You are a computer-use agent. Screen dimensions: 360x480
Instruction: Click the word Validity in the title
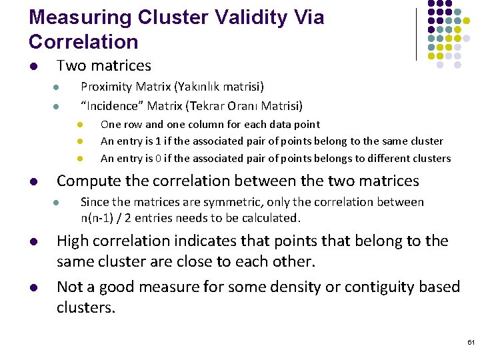click(x=247, y=18)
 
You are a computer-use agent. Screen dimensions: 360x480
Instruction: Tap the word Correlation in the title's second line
click(x=83, y=42)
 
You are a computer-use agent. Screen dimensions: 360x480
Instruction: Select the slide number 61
click(x=471, y=342)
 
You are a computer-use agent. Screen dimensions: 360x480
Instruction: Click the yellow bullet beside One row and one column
click(x=79, y=125)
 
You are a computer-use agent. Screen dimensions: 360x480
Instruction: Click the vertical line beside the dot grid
click(x=416, y=33)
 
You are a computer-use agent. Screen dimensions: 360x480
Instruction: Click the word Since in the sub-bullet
click(x=94, y=202)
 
